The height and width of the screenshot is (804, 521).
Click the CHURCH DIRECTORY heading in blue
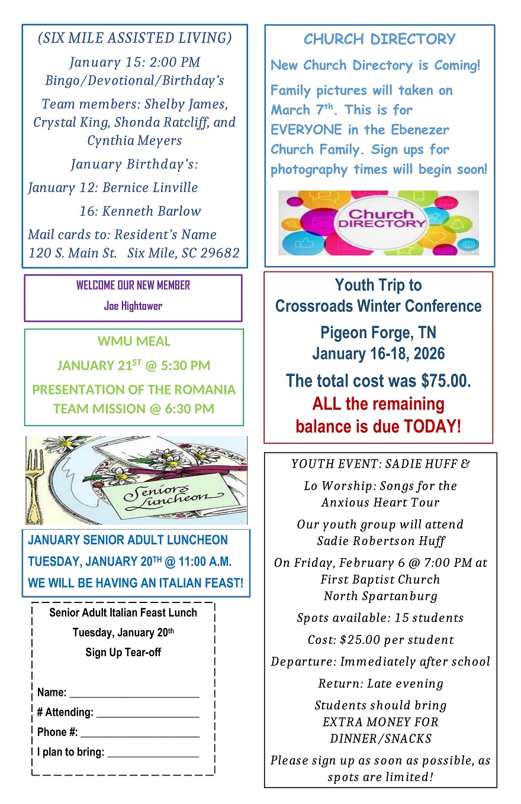pos(380,40)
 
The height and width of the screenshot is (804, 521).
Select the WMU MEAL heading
pos(134,342)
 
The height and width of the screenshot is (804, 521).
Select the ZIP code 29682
pos(218,254)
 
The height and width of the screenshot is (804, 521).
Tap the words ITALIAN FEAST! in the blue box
pos(198,583)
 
